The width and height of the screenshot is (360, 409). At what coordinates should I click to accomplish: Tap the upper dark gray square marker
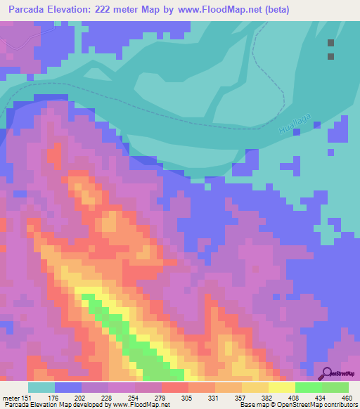coord(330,43)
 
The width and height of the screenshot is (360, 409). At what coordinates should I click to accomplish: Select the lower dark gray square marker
coord(330,57)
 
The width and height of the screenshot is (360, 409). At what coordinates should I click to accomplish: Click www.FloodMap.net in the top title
coord(223,10)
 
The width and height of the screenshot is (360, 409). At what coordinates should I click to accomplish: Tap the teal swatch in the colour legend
coord(41,387)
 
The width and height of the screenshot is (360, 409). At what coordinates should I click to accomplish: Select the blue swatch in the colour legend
coord(68,387)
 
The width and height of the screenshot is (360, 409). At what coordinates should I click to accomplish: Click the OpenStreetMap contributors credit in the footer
coord(319,404)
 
